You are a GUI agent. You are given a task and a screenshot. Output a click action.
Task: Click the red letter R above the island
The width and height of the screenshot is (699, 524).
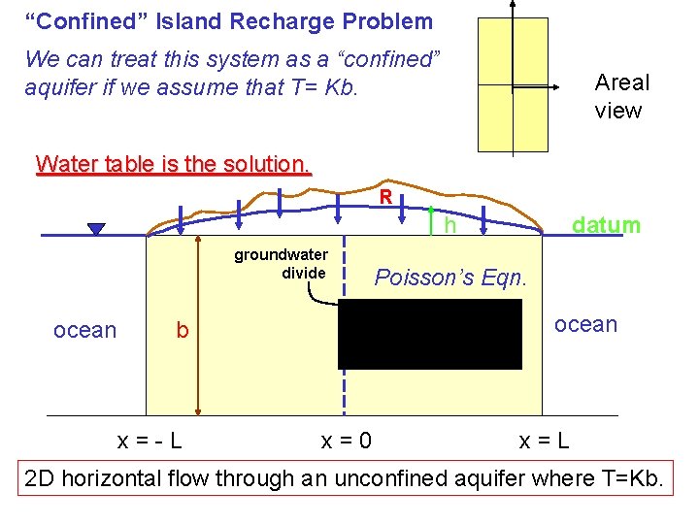click(x=385, y=196)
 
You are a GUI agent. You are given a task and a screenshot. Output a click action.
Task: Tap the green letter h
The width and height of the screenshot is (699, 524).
click(x=449, y=226)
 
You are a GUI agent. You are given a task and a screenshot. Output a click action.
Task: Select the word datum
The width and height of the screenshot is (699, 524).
click(x=606, y=225)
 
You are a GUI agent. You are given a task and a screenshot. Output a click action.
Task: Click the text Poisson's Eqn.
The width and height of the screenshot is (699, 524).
click(x=450, y=278)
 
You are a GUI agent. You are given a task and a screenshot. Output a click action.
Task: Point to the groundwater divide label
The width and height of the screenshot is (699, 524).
click(x=281, y=264)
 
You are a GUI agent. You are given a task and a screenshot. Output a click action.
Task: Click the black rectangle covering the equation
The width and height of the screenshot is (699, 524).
click(x=429, y=334)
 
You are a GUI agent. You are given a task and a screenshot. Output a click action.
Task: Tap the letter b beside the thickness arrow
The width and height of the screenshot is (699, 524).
click(x=182, y=331)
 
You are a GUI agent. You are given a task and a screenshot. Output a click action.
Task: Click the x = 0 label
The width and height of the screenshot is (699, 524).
click(x=346, y=442)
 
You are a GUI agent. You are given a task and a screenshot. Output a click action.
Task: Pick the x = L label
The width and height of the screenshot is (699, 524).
click(x=544, y=442)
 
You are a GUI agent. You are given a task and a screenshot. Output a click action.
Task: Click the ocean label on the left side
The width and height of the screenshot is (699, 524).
click(x=84, y=330)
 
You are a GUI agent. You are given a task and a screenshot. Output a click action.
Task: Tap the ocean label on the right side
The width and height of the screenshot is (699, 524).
click(x=585, y=324)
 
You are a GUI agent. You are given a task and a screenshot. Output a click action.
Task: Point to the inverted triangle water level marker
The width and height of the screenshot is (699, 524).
click(x=95, y=229)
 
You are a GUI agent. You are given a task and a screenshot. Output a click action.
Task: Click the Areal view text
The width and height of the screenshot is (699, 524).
click(x=621, y=96)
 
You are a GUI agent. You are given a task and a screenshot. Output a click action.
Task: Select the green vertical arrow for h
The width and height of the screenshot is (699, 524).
click(x=430, y=217)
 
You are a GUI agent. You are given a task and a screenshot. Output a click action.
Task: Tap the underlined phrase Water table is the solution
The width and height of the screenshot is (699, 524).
click(x=173, y=163)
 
